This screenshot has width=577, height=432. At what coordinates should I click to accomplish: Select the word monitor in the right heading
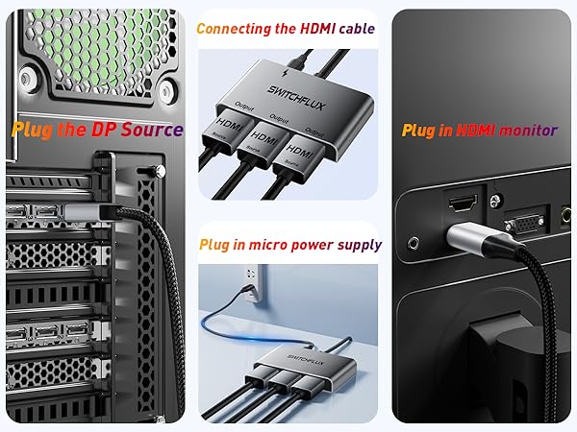click(527, 130)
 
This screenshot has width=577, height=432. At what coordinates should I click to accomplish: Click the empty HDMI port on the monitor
click(459, 203)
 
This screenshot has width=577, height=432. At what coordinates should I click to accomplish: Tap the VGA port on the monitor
click(524, 223)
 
